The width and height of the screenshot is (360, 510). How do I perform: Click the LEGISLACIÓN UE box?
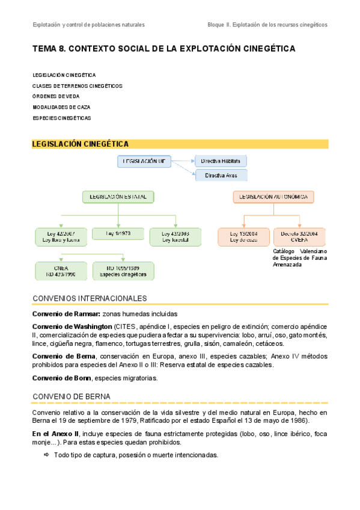(144, 161)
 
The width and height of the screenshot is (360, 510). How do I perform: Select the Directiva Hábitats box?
(221, 161)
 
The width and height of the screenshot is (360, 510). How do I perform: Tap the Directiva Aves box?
(221, 175)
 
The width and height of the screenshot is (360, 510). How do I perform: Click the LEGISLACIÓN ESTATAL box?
(118, 197)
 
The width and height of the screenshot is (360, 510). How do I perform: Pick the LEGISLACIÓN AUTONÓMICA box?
(273, 197)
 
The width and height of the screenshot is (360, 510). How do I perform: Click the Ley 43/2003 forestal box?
(175, 236)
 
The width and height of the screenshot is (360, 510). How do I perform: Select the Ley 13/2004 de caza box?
(244, 236)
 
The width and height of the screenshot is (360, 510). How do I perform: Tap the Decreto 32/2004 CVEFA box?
(299, 236)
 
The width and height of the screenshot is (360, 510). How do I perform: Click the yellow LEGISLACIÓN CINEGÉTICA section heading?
(81, 144)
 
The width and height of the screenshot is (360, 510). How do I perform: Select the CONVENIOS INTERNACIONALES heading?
(90, 298)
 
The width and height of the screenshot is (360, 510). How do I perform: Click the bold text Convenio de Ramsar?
(66, 314)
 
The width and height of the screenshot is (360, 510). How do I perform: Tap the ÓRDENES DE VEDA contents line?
(56, 97)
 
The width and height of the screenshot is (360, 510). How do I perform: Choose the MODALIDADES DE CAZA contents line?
(61, 107)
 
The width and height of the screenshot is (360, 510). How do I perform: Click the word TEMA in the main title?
(44, 48)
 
